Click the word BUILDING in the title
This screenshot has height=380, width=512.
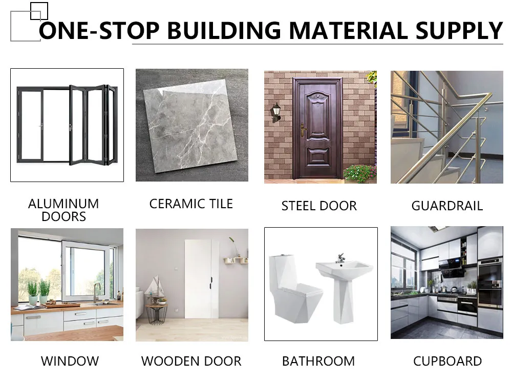(224, 31)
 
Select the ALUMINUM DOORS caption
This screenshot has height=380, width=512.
(63, 210)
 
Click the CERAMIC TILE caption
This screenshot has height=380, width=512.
(191, 204)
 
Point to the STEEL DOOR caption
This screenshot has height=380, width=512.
(319, 206)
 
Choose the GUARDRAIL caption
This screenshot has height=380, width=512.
(447, 206)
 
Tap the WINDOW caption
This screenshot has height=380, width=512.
(70, 361)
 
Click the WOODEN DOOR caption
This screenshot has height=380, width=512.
(191, 361)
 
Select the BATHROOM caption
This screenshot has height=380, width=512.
(318, 361)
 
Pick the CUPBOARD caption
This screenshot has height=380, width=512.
(447, 361)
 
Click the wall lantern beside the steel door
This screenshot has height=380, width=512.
(276, 111)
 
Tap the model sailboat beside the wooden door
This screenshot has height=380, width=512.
(154, 287)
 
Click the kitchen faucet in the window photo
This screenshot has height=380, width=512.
(95, 292)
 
